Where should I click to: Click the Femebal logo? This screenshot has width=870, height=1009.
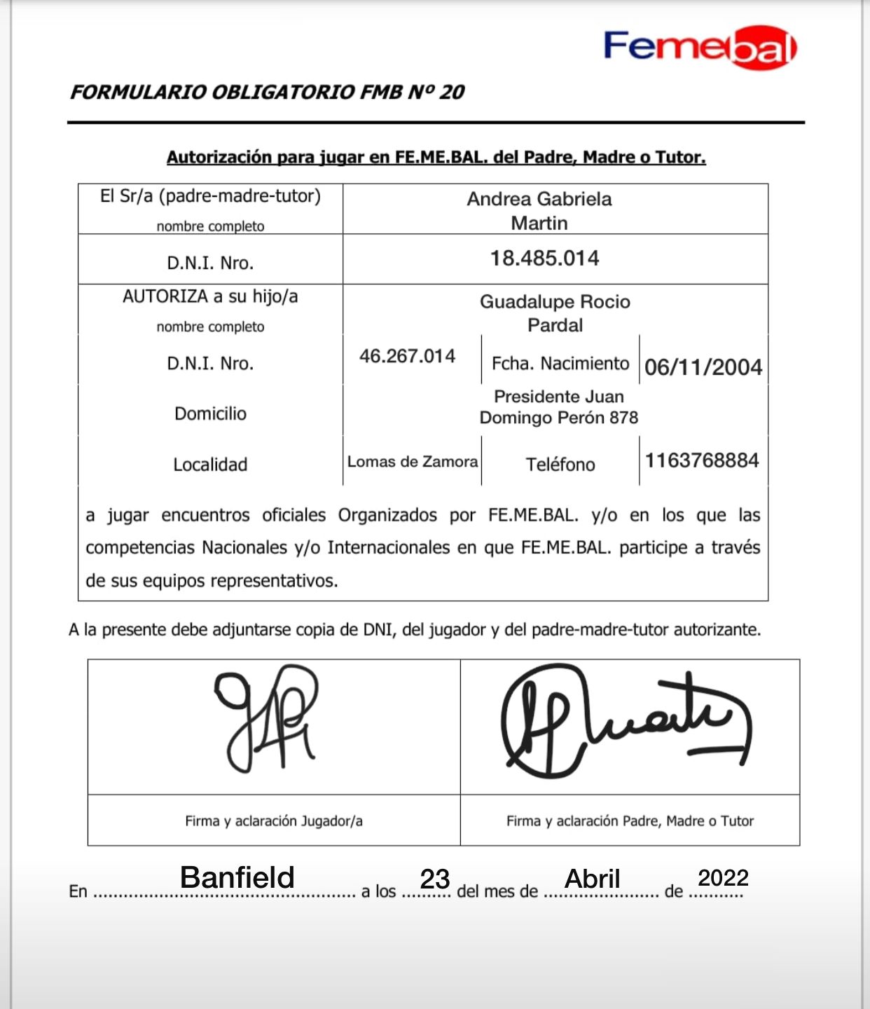(699, 47)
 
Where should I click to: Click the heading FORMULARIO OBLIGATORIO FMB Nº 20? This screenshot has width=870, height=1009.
(267, 92)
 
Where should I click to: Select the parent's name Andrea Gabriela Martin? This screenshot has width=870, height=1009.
(539, 211)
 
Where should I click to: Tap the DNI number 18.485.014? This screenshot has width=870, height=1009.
(544, 259)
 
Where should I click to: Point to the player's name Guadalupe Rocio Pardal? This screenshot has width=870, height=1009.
(555, 313)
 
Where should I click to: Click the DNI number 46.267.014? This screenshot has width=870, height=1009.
(407, 357)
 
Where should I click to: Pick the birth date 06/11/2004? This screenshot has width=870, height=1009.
(703, 367)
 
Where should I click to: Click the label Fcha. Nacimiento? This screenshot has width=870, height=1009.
(560, 364)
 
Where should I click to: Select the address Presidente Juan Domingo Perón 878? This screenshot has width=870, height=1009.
(558, 407)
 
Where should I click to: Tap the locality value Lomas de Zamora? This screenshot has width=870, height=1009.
(412, 462)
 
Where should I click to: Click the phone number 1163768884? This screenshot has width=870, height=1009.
(702, 460)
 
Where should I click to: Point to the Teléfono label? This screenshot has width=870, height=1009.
(560, 465)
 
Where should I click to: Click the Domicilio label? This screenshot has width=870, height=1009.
(210, 413)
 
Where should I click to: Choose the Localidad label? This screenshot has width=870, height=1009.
(210, 465)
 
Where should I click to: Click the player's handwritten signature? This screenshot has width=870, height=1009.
(267, 718)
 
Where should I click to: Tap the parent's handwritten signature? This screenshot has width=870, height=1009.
(623, 722)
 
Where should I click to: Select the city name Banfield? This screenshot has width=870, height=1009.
(237, 877)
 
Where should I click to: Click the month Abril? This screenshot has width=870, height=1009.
(593, 879)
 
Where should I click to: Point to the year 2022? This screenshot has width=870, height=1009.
(723, 877)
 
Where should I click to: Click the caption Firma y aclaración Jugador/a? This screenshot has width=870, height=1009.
(274, 821)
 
